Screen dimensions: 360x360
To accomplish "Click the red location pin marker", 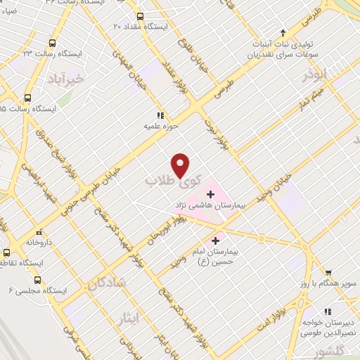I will tap(181, 165).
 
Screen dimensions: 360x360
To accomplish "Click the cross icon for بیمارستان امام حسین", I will tap(215, 240).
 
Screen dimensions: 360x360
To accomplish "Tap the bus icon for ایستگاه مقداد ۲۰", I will tap(140, 16).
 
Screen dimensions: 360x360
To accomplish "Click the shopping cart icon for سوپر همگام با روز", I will tap(328, 271).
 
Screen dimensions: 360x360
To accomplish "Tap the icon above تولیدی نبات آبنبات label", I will tap(283, 32).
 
